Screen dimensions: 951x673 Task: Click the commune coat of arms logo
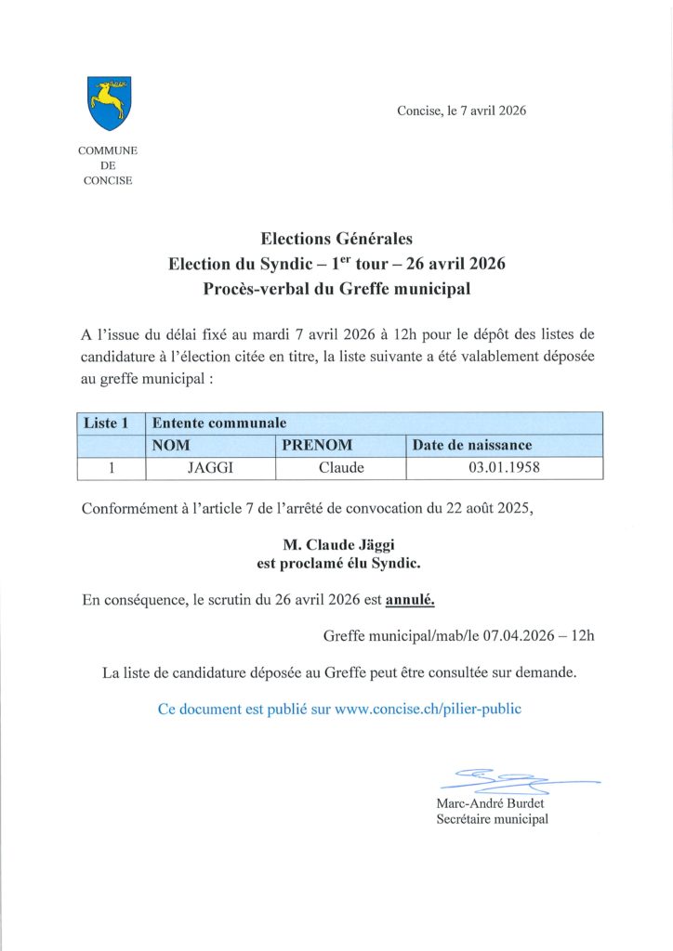(109, 102)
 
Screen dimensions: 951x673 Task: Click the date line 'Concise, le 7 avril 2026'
(461, 111)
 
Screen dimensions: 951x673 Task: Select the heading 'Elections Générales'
(336, 240)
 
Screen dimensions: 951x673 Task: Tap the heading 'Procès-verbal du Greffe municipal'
(336, 289)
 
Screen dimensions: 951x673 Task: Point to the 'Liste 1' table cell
(111, 423)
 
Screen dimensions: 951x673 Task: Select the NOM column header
(213, 445)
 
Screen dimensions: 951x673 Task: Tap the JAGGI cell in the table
(212, 468)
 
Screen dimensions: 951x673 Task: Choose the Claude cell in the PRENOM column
(341, 468)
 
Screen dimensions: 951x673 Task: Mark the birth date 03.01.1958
(504, 468)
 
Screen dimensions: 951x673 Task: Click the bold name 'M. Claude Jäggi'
(336, 544)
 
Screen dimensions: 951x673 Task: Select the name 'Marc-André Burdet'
(490, 802)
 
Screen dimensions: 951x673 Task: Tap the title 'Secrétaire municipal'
(492, 819)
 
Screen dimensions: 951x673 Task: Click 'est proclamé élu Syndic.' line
(336, 562)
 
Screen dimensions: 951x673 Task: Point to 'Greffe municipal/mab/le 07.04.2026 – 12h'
(458, 636)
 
